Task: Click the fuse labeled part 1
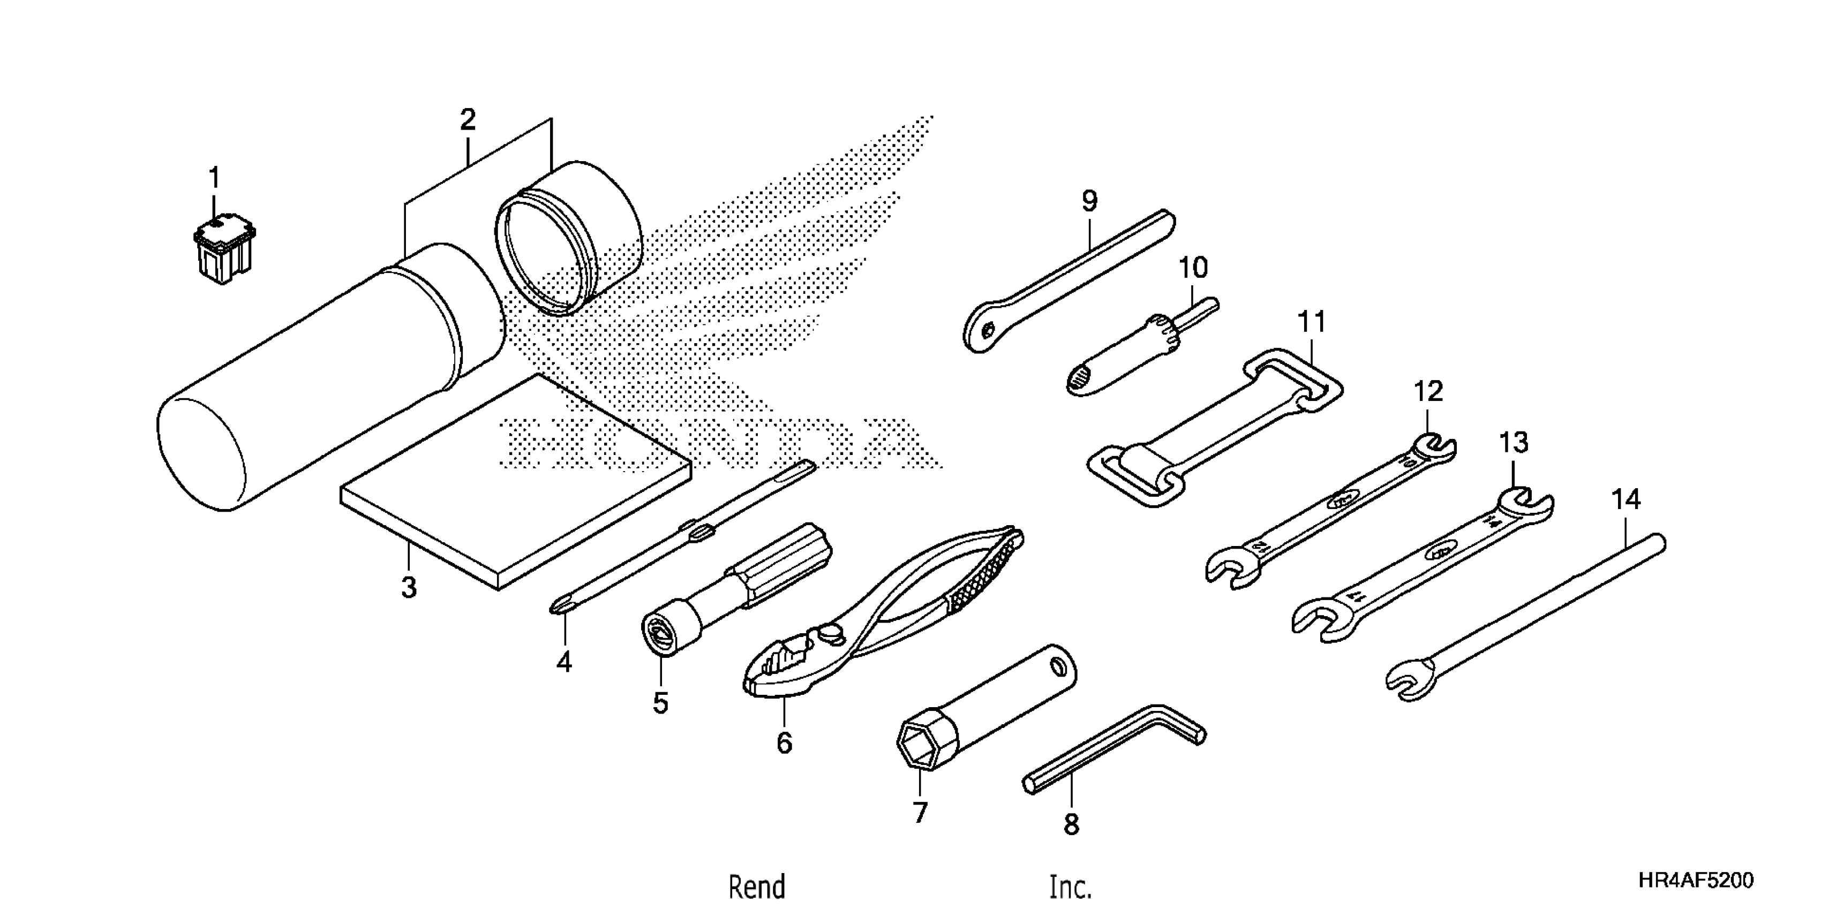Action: click(x=223, y=251)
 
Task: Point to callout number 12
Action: click(x=1428, y=391)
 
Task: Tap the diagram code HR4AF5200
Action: click(x=1696, y=879)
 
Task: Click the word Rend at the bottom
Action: click(x=756, y=886)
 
